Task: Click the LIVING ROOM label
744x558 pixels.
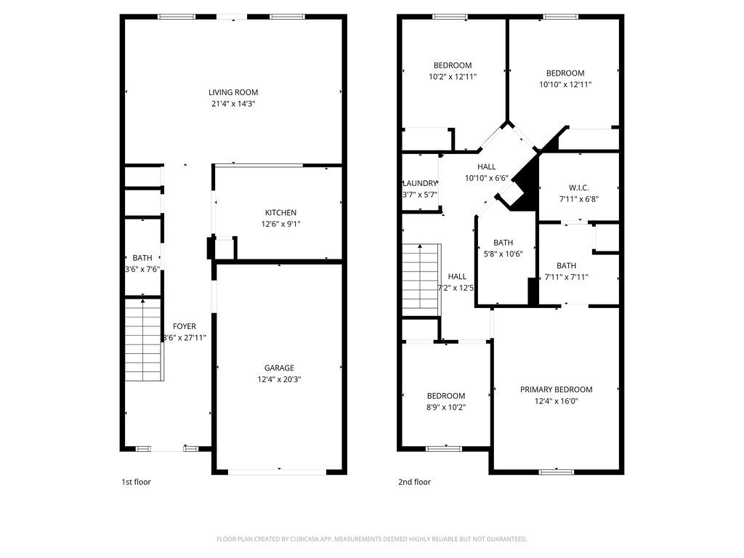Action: pos(233,92)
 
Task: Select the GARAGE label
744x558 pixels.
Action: pos(279,368)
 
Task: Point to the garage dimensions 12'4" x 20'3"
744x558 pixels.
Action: pos(279,379)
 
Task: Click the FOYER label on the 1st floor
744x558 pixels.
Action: pos(184,326)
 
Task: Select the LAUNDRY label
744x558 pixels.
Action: pos(420,183)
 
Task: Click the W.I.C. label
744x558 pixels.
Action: pos(578,187)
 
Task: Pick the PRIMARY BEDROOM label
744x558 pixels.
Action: pos(556,389)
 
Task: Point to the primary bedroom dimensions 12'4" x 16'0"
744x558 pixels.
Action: pos(556,401)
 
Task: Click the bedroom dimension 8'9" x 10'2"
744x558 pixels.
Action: pos(445,408)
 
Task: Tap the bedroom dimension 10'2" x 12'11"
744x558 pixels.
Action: pos(453,76)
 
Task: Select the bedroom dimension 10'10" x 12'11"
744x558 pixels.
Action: pos(565,84)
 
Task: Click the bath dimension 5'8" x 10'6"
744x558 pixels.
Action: pos(503,254)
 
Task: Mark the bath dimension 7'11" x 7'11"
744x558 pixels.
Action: pos(566,277)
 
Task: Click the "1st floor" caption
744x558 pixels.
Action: pos(136,482)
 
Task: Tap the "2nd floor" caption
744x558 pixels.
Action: pos(414,482)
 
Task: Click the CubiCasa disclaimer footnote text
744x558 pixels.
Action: pos(371,539)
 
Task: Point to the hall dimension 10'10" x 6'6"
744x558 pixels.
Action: pos(486,178)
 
